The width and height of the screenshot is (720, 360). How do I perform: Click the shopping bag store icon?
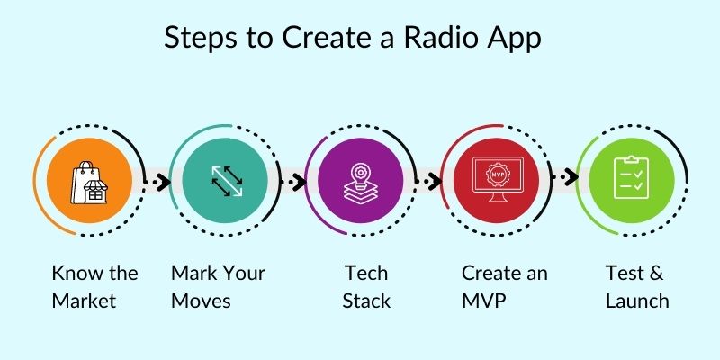click(92, 178)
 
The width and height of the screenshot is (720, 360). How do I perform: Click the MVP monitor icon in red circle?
click(497, 178)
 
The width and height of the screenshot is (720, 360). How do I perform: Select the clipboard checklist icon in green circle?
click(630, 177)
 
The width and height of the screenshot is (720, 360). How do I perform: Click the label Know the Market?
click(94, 286)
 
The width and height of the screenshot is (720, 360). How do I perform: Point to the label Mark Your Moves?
click(220, 286)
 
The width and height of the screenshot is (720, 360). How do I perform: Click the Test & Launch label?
click(637, 286)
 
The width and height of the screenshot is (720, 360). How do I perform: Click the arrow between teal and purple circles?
click(293, 180)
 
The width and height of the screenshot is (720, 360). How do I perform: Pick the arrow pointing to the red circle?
click(430, 180)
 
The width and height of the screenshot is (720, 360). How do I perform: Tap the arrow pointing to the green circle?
click(564, 178)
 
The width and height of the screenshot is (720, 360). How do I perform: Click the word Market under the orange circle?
click(84, 301)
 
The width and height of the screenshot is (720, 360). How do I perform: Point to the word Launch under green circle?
click(637, 301)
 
